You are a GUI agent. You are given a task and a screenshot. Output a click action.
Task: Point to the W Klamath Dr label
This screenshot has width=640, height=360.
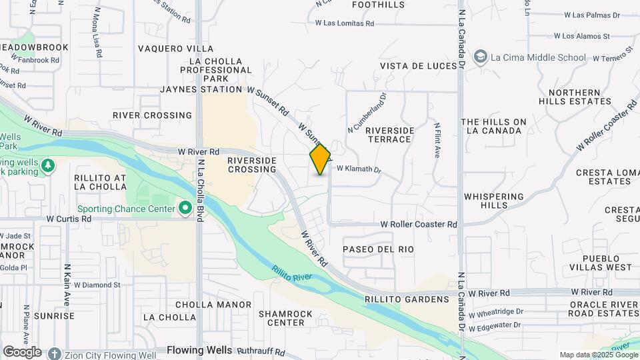[359, 170]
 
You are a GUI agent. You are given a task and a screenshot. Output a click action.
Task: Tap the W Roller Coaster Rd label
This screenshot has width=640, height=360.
[419, 225]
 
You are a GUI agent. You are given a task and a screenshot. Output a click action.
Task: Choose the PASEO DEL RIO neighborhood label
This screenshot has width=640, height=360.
[378, 249]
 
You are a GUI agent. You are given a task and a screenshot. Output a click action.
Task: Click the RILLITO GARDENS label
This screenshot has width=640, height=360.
[407, 299]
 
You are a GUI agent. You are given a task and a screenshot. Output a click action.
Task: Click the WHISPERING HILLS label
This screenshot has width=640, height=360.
[494, 201]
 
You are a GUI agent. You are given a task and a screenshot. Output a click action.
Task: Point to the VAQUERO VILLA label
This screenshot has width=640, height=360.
[176, 49]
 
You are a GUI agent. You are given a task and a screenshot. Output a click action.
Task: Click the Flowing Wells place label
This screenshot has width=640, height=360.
[199, 350]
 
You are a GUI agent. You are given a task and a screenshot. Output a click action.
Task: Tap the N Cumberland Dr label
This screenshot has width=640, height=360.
[367, 112]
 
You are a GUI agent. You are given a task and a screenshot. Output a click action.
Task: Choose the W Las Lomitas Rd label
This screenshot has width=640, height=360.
[345, 23]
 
